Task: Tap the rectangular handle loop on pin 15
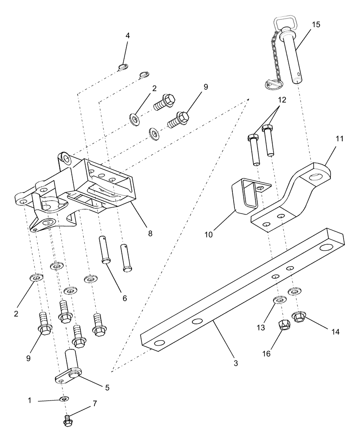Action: (x=281, y=23)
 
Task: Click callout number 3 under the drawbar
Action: (x=236, y=363)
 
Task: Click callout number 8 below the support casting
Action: (x=150, y=233)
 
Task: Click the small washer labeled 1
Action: (x=65, y=400)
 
